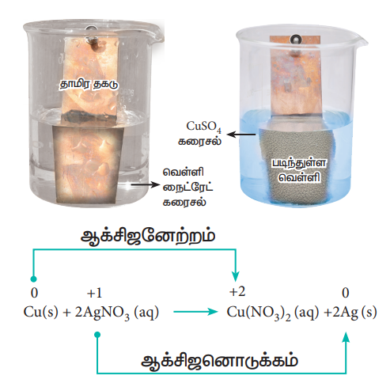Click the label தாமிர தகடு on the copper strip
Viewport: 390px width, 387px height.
[89, 84]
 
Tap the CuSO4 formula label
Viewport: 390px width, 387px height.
[203, 127]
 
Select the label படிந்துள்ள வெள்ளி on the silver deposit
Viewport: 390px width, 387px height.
[299, 170]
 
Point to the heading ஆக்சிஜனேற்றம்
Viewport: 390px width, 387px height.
[148, 237]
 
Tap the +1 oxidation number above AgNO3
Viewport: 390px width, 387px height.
[94, 293]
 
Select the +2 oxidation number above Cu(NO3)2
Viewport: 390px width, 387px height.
[237, 292]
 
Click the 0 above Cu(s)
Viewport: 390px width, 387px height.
[34, 293]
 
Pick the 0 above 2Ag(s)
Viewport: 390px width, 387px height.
[346, 293]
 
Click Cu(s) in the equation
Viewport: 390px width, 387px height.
[40, 312]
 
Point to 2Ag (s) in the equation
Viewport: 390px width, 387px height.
[354, 313]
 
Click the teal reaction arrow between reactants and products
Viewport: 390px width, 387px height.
[195, 312]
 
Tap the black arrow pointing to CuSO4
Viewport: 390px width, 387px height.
[241, 135]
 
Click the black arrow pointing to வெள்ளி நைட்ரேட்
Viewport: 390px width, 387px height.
[146, 184]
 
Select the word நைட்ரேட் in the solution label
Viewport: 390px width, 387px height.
[188, 188]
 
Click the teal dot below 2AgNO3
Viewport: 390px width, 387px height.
[97, 335]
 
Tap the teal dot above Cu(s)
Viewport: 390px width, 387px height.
[33, 279]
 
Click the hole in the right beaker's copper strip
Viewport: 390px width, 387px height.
[295, 40]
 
